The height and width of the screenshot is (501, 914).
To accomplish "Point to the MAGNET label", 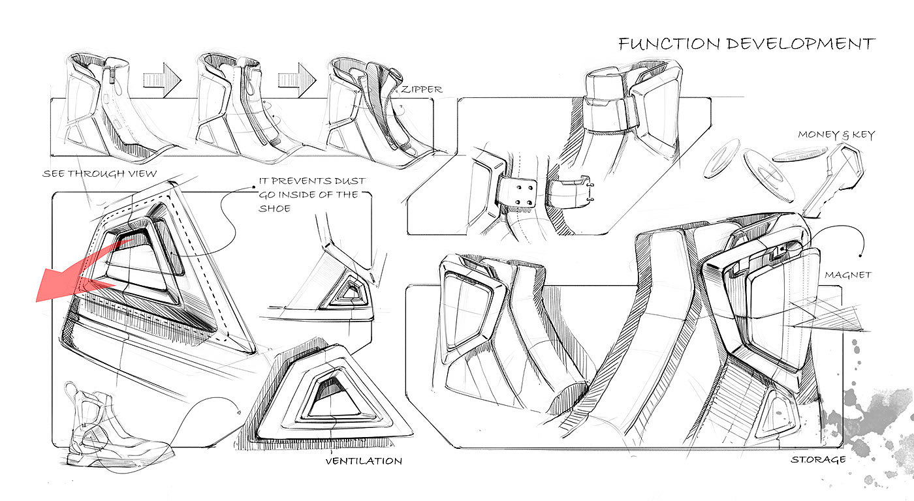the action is click(x=848, y=275).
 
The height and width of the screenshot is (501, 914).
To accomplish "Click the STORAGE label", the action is click(x=818, y=459).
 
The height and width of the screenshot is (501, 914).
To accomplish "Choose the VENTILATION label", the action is click(x=364, y=461).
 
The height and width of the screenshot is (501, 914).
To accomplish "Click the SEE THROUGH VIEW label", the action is click(x=100, y=174).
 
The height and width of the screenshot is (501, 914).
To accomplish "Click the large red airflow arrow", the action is click(x=72, y=277).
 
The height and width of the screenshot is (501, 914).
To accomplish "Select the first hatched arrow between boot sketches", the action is click(x=161, y=80).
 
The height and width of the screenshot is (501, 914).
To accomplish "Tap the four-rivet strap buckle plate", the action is click(x=517, y=193).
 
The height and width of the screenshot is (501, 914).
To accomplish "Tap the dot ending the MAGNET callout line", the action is click(x=863, y=254).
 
